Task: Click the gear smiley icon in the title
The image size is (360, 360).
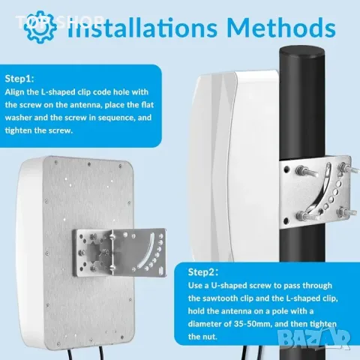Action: click(40, 27)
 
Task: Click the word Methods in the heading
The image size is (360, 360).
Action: click(281, 28)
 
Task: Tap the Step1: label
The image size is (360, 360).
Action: click(19, 79)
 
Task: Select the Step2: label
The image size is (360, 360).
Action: click(203, 272)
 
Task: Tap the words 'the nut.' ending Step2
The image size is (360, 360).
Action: click(202, 337)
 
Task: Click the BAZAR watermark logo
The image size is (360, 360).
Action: click(313, 338)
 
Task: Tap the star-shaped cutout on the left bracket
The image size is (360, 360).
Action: click(97, 253)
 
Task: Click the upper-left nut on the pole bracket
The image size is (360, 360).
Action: click(301, 170)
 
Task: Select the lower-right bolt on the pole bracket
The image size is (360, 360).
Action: click(347, 213)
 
